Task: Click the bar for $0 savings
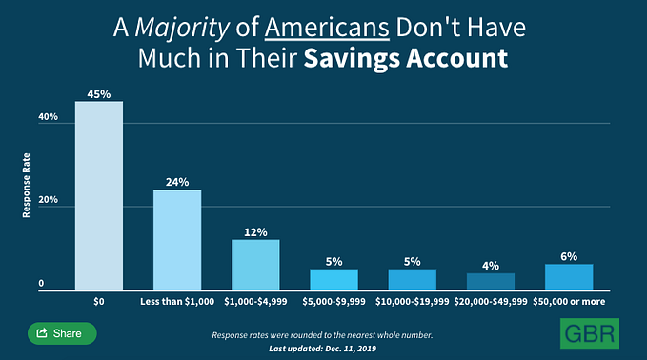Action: pos(99,195)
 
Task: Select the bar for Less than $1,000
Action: pos(177,240)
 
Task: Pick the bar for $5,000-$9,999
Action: pos(334,279)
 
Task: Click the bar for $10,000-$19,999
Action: pos(412,279)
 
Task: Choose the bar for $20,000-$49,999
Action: pos(490,281)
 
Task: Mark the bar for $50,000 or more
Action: pos(568,277)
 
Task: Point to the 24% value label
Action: pos(177,181)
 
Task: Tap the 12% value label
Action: pos(255,231)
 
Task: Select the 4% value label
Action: pos(490,266)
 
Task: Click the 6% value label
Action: pos(568,256)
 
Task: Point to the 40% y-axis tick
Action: pos(48,117)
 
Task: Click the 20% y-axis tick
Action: pos(48,202)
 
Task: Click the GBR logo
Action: pos(588,332)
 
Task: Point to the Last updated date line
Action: pos(322,350)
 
